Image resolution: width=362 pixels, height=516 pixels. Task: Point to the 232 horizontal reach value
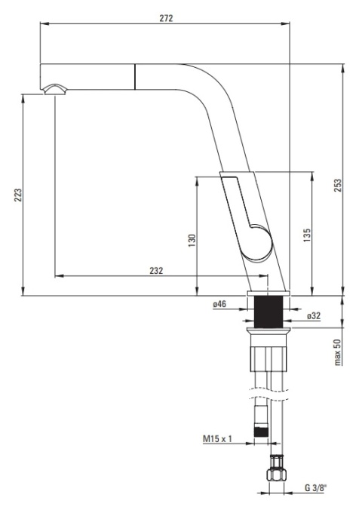pyautogui.click(x=156, y=269)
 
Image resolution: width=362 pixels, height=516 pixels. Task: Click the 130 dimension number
pyautogui.click(x=192, y=239)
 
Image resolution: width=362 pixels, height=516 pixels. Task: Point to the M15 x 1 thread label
pyautogui.click(x=216, y=438)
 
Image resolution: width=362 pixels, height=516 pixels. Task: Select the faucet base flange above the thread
pyautogui.click(x=269, y=292)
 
